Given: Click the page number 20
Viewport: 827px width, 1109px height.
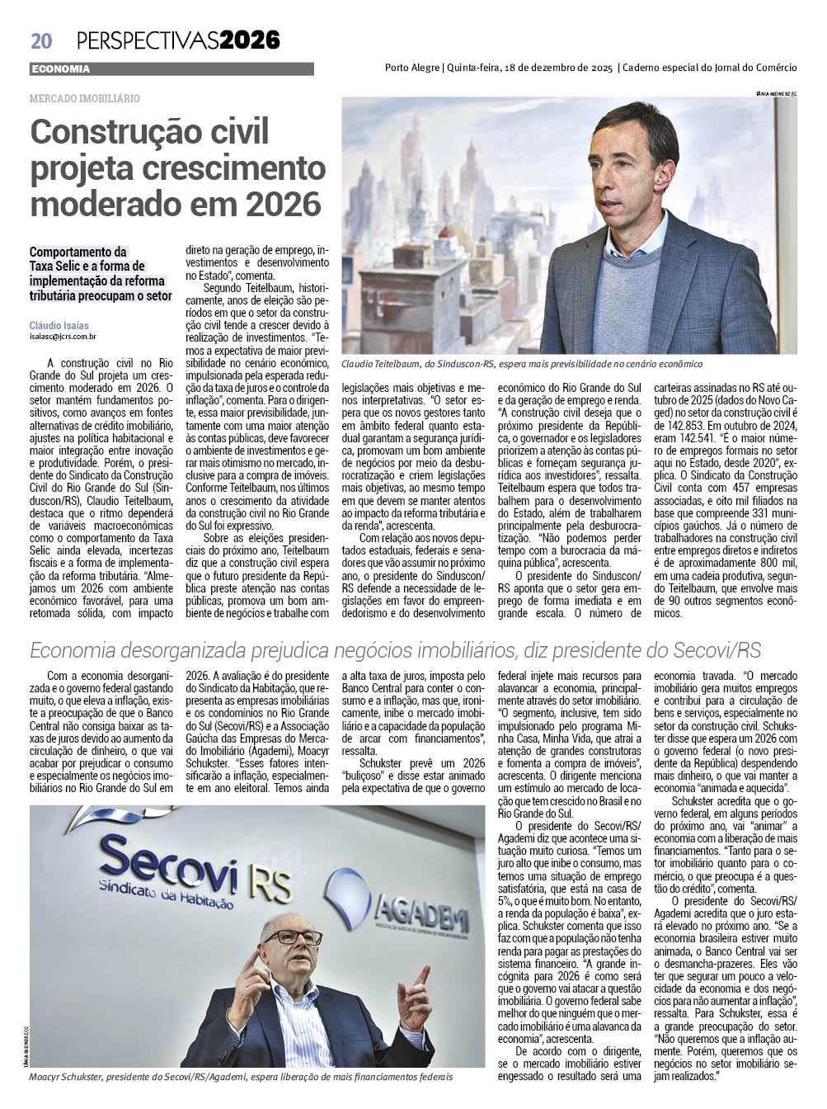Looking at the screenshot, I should pyautogui.click(x=41, y=40).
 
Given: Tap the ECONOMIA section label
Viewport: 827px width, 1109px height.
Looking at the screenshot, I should pyautogui.click(x=60, y=69).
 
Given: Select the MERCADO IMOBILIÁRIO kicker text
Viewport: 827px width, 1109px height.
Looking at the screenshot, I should pyautogui.click(x=84, y=98).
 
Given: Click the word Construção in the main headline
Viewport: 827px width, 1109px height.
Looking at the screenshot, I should pyautogui.click(x=120, y=133).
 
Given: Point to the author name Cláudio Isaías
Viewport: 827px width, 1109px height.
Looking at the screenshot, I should pyautogui.click(x=59, y=326).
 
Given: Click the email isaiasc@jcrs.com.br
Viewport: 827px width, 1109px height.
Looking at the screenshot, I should pyautogui.click(x=63, y=337).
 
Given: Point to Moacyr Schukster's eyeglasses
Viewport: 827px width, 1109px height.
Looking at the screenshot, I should pyautogui.click(x=294, y=937).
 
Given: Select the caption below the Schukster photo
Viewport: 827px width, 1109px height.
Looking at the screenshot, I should pyautogui.click(x=241, y=1078).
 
